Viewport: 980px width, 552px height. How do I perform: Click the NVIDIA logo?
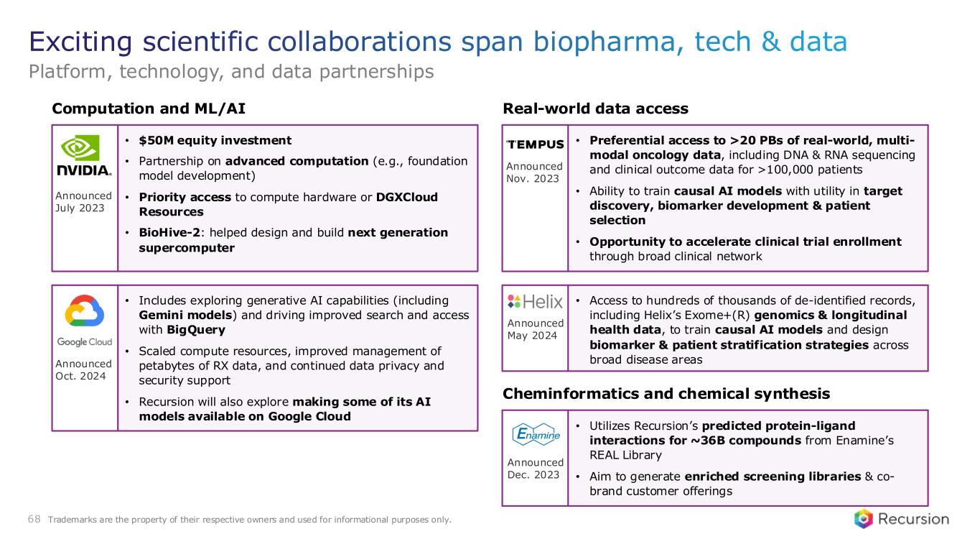click(84, 155)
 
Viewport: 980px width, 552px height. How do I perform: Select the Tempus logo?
click(535, 144)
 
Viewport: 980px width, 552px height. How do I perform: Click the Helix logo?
click(535, 301)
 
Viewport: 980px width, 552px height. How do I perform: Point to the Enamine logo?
click(536, 434)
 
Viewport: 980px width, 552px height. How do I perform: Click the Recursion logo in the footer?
click(901, 519)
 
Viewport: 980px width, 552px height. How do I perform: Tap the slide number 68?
click(34, 519)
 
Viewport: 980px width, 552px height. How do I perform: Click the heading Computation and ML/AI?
click(149, 109)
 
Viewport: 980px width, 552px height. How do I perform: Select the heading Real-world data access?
click(595, 109)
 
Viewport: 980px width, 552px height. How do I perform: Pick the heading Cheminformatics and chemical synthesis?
click(666, 393)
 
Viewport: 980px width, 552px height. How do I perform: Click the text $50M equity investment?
click(215, 140)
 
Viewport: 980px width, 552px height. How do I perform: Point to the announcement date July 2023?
click(80, 208)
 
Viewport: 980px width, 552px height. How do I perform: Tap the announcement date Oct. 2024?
click(80, 376)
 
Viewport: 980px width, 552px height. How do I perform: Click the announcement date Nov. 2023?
click(533, 178)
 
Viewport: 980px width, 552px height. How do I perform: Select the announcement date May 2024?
click(532, 336)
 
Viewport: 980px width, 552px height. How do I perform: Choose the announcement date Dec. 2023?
click(533, 474)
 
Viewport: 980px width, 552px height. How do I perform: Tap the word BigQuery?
click(196, 330)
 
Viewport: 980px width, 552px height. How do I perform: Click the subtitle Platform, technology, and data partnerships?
click(231, 71)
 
